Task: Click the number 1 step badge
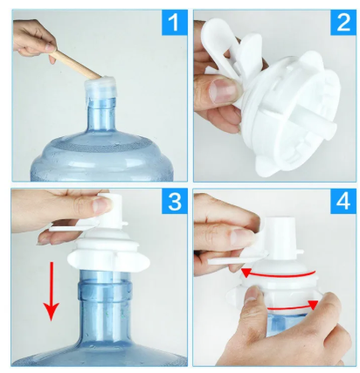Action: point(174,23)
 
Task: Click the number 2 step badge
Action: point(343,23)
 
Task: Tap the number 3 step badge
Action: point(174,201)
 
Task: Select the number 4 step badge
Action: point(343,201)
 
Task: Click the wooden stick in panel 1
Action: point(76,66)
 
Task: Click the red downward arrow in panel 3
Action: point(52,291)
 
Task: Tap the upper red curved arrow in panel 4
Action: point(278,273)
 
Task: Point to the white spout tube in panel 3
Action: point(112,211)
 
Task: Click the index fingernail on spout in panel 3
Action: point(102,205)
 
